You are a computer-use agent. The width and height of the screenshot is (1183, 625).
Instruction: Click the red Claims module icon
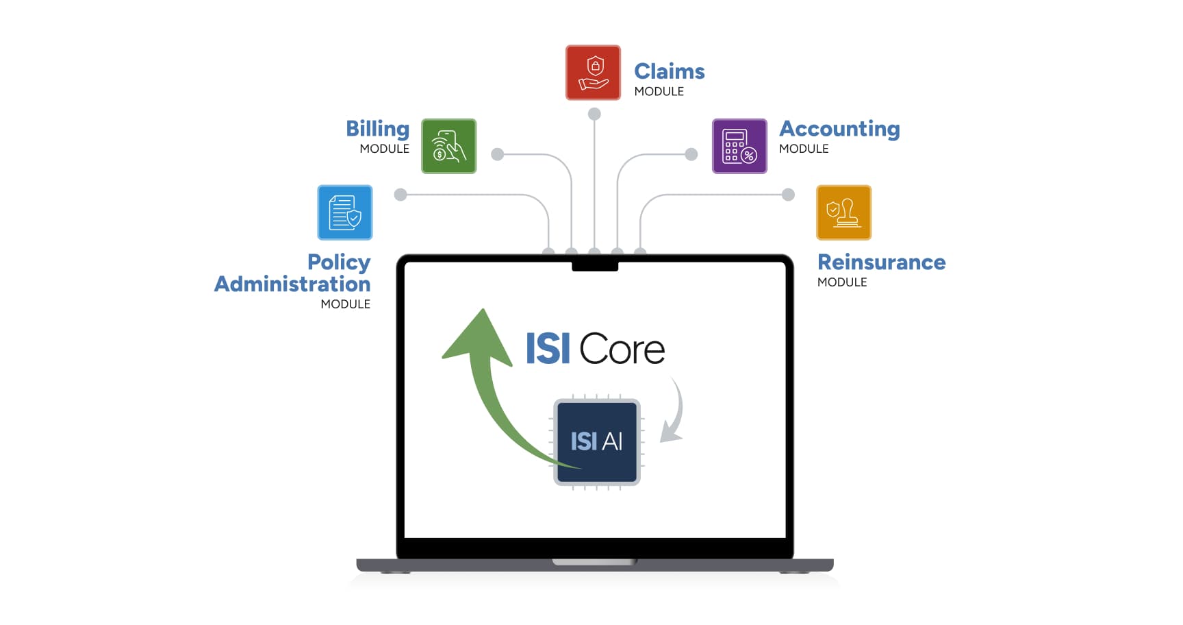tap(593, 73)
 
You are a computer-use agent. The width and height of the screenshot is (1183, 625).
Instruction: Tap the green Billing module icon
tap(448, 146)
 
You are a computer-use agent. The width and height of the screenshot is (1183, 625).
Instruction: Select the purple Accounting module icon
tap(739, 146)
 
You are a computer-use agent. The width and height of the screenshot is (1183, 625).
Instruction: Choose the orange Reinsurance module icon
tap(843, 212)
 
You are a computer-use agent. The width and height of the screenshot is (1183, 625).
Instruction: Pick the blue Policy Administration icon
tap(345, 212)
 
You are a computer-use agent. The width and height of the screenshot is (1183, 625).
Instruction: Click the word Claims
tap(669, 71)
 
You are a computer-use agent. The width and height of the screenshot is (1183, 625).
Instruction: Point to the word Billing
tap(377, 129)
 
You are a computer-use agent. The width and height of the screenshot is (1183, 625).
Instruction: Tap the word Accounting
tap(839, 129)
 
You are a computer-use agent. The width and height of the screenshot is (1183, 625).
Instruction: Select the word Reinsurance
tap(881, 262)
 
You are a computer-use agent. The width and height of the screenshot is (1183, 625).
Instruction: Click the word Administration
tap(292, 284)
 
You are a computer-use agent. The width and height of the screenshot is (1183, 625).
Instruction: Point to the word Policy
tap(339, 262)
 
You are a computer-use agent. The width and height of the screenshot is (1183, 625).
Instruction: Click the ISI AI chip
tap(597, 441)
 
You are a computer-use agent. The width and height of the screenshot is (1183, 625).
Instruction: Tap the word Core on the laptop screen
tap(622, 350)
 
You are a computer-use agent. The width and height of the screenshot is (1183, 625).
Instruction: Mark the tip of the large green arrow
tap(483, 312)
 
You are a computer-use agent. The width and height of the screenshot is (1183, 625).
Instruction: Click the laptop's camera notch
tap(595, 266)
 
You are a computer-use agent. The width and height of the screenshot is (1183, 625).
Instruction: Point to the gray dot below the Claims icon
tap(594, 114)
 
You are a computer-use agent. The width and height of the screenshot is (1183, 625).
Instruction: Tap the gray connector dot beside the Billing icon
tap(498, 154)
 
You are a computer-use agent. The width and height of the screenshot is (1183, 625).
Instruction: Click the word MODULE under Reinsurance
tap(842, 282)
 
